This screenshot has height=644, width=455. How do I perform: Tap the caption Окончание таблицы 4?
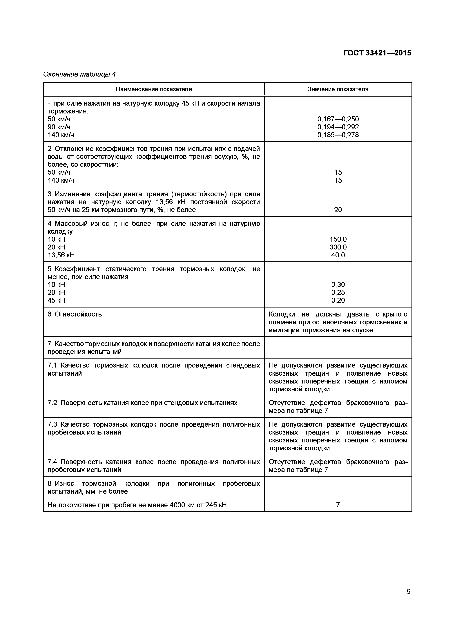click(79, 74)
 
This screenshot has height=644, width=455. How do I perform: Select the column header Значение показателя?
click(338, 89)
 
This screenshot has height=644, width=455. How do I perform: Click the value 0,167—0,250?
click(338, 119)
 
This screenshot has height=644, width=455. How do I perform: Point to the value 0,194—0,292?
click(338, 127)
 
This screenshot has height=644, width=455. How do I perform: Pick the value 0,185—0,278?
click(338, 135)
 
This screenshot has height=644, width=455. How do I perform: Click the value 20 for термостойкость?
click(338, 210)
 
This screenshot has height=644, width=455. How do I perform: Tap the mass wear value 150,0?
click(338, 239)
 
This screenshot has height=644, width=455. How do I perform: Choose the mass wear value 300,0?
click(338, 247)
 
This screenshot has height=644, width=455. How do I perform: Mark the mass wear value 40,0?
click(338, 255)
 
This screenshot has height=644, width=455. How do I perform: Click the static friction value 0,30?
click(338, 285)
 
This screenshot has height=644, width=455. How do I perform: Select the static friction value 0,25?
click(338, 293)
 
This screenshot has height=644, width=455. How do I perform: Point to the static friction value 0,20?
click(338, 300)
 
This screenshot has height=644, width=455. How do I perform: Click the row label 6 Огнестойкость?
click(75, 314)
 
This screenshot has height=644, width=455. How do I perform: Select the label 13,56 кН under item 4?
click(61, 255)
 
